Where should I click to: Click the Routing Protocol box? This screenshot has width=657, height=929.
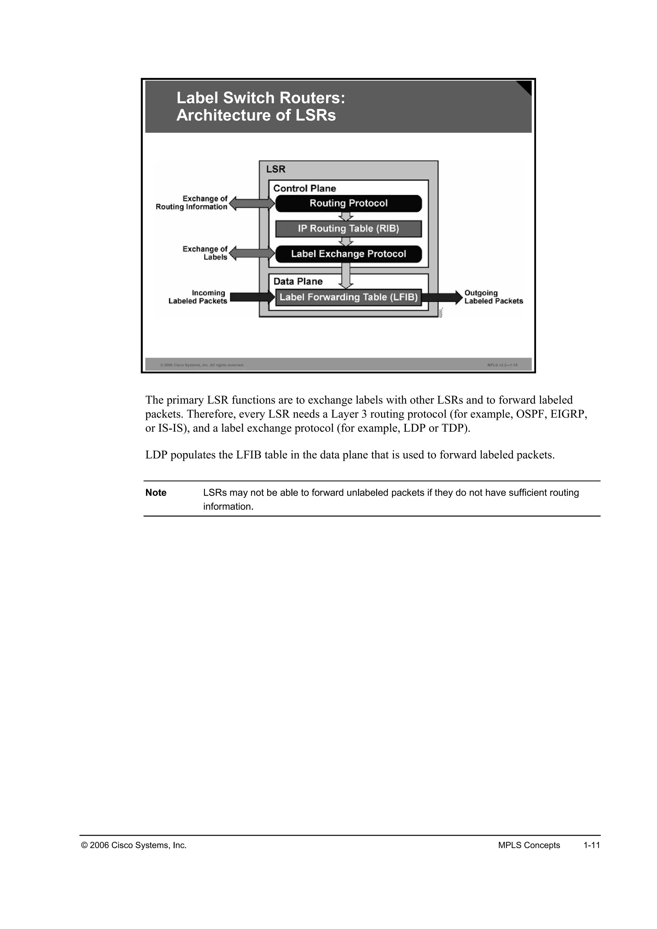[x=348, y=203]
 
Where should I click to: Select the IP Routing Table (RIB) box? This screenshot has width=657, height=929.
[x=348, y=229]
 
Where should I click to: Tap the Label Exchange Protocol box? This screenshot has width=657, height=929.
[x=348, y=254]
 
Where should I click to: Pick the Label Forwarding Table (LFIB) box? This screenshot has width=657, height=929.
[x=348, y=297]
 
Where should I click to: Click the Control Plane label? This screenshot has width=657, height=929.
[x=305, y=189]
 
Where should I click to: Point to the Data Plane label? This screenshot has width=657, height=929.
[x=298, y=282]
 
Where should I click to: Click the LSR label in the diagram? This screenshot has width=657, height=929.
[x=276, y=169]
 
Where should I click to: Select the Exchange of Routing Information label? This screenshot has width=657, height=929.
[x=192, y=203]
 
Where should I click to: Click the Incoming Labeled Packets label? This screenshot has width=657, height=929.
[x=198, y=297]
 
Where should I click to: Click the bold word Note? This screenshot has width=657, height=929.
[x=156, y=493]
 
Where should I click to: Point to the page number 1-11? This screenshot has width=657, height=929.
[x=592, y=845]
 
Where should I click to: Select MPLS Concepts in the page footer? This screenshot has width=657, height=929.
[x=529, y=845]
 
